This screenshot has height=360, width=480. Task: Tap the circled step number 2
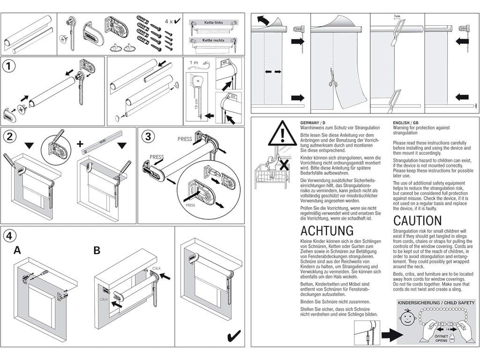(8, 137)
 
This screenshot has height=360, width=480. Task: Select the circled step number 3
(148, 137)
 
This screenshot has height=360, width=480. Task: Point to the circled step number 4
(8, 234)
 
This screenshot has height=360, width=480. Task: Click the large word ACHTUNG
(327, 231)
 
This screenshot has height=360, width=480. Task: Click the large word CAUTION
(417, 220)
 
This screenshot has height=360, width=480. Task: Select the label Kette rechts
(213, 40)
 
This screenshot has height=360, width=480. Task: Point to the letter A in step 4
(17, 250)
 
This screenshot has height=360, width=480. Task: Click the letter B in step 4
(97, 250)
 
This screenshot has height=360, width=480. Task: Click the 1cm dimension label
(397, 16)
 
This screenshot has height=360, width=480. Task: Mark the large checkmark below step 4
(233, 336)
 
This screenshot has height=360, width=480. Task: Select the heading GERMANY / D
(314, 122)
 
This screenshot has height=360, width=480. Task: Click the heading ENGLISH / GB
(406, 122)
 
